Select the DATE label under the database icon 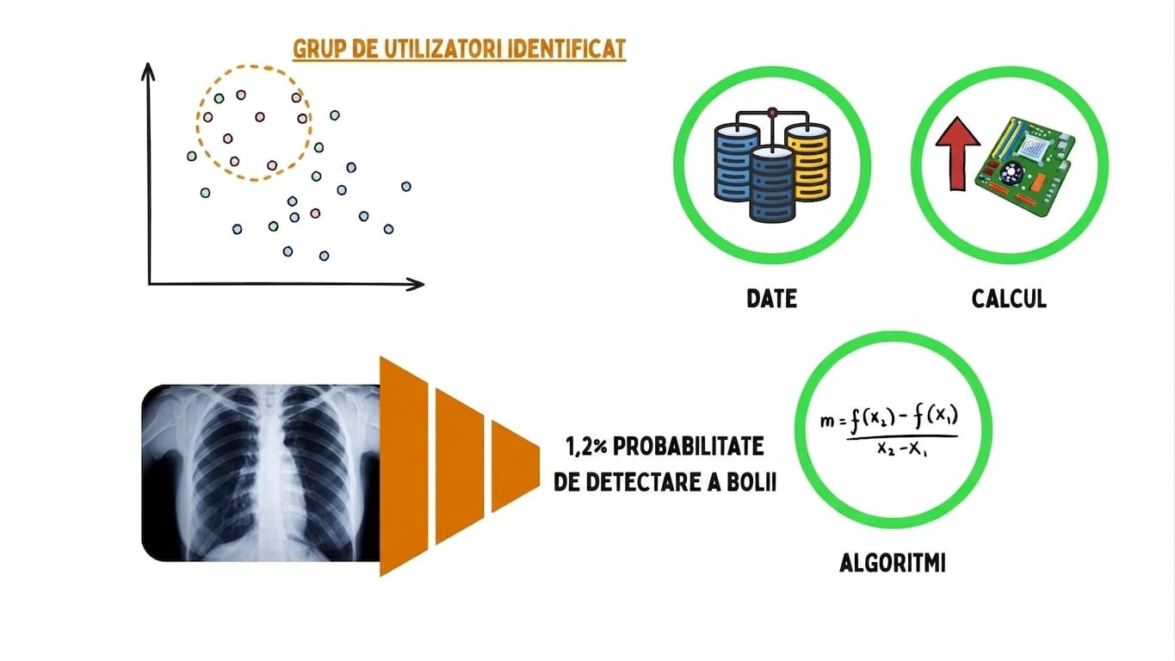click(x=771, y=299)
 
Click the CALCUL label click(x=1009, y=299)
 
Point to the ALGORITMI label click(x=893, y=563)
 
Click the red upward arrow click(x=958, y=153)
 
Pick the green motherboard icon click(x=1024, y=166)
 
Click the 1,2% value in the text click(x=586, y=447)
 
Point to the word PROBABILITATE click(x=689, y=447)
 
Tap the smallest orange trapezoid click(x=515, y=466)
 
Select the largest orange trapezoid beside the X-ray click(x=404, y=466)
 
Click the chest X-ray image click(x=261, y=473)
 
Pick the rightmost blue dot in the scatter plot click(x=406, y=186)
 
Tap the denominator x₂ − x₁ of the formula click(x=902, y=449)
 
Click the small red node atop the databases click(x=772, y=112)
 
